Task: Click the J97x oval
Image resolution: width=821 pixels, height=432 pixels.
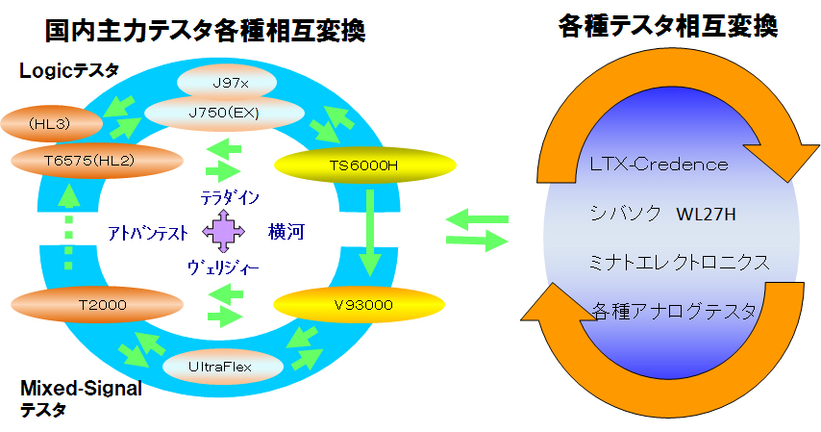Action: point(227,83)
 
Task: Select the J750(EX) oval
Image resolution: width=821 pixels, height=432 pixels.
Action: point(224,113)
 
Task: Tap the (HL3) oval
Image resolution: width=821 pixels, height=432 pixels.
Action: point(51,124)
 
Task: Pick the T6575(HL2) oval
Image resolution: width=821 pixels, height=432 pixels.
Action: point(97,161)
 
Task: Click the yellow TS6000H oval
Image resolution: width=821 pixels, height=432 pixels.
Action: point(365,165)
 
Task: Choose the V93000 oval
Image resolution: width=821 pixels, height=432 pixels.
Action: point(360,305)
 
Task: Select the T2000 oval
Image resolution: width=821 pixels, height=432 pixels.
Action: point(97,305)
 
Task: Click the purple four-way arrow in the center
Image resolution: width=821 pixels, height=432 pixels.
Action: point(224,231)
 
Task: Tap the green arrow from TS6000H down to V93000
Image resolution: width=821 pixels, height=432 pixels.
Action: point(370,233)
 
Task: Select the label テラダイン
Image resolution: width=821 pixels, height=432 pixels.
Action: point(230,197)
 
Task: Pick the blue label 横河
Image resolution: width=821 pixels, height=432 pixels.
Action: point(286,231)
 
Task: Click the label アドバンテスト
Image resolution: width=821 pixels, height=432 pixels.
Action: point(147,232)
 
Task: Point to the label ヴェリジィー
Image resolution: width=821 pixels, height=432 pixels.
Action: point(223,267)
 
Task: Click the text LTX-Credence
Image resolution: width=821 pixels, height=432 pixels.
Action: point(659,165)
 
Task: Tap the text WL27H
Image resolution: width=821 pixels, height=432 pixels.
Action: point(706,215)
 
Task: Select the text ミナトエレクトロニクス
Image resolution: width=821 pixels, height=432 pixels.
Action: point(679,262)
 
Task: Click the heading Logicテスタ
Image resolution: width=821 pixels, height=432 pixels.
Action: point(69,71)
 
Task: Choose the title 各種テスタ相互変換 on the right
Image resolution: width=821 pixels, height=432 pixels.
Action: point(668,26)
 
